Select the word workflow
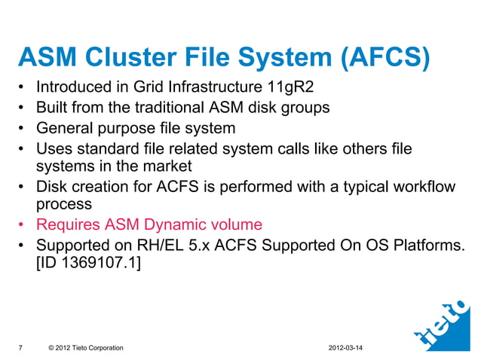point(424,185)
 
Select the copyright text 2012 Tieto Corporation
point(85,347)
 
